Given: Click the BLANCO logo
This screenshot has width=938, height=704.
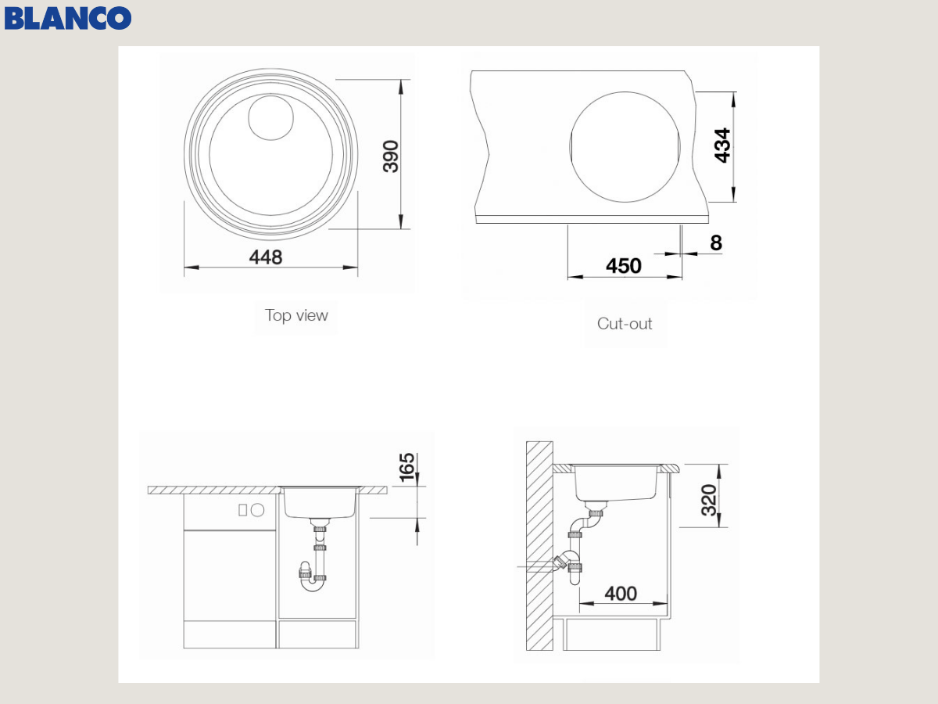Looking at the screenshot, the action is tap(67, 18).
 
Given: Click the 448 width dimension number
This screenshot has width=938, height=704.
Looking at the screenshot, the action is tap(266, 257).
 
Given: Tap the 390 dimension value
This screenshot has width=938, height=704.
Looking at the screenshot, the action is tap(391, 156).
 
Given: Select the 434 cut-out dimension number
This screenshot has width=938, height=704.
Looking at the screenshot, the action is tap(722, 145).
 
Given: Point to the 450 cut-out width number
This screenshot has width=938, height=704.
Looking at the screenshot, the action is tap(624, 266).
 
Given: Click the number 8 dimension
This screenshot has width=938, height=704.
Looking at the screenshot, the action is tap(716, 242).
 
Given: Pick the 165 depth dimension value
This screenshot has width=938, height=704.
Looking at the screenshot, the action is tap(406, 467).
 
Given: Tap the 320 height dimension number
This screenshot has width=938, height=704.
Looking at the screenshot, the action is tap(709, 500).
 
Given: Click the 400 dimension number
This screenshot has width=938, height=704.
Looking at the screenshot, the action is tap(621, 593).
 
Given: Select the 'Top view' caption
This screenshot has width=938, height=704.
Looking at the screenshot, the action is tap(296, 315).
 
